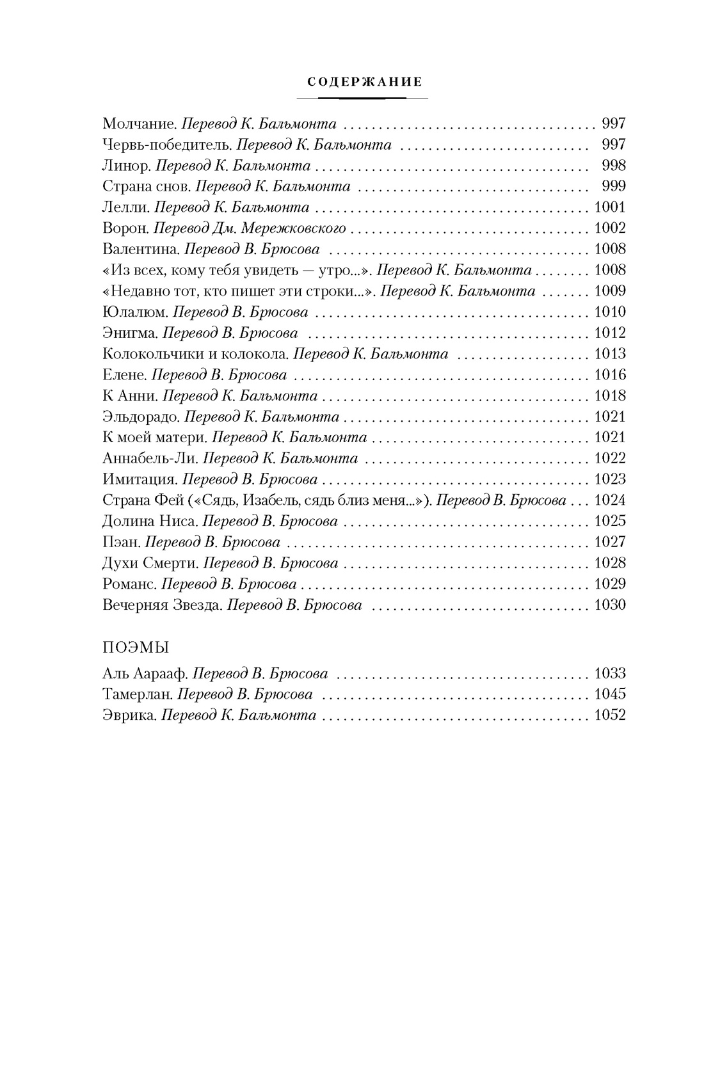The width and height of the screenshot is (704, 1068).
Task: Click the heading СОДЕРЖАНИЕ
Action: (x=364, y=82)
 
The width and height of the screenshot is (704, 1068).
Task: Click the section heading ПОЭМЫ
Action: (x=135, y=647)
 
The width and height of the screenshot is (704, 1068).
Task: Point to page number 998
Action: (x=613, y=166)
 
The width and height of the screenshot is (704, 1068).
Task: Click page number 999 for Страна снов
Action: (x=613, y=186)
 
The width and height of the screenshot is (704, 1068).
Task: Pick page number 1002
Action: (x=609, y=228)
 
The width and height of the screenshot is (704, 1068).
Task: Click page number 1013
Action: (x=609, y=354)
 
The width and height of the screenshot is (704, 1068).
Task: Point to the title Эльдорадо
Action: (x=141, y=417)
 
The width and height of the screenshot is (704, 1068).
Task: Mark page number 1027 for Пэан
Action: (x=609, y=542)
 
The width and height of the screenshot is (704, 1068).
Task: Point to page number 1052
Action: (x=609, y=716)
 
